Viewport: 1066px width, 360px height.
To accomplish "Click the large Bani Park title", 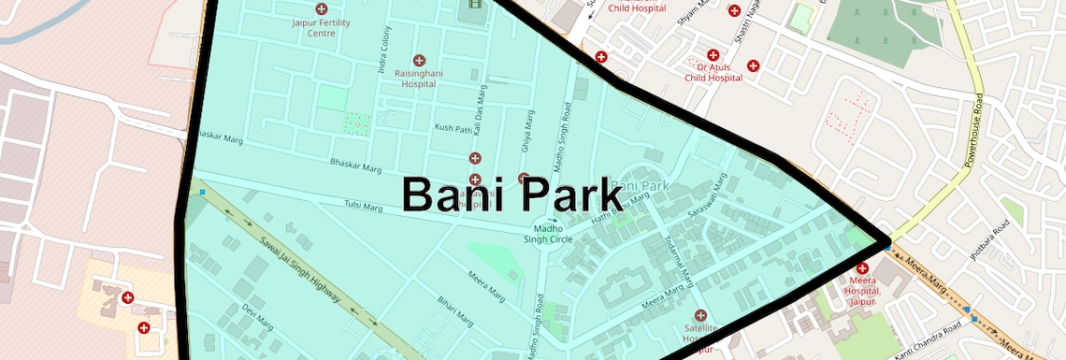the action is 511,195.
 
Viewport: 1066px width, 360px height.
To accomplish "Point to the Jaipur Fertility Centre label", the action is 321,27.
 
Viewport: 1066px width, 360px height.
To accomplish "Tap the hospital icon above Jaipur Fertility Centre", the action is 322,8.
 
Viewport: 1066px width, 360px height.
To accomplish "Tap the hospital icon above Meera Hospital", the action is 862,269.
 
